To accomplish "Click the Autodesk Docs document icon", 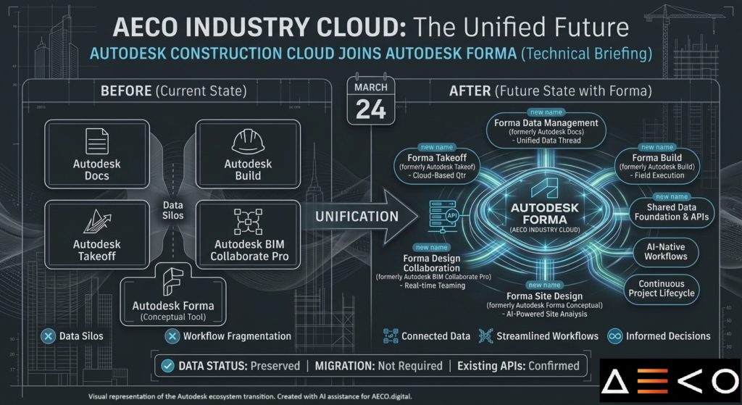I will click(96, 140).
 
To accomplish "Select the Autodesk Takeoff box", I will click(96, 231).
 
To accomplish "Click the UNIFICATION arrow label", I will click(357, 216).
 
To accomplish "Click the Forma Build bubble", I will click(657, 166).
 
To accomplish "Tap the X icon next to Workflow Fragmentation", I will click(172, 336).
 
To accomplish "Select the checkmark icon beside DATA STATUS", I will click(167, 366).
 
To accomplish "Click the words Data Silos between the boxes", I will click(172, 211).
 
